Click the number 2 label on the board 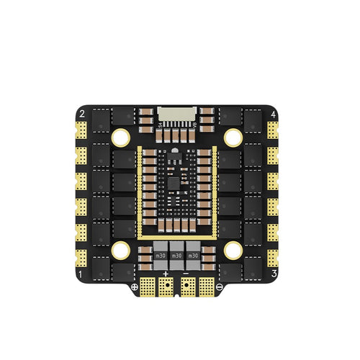pyautogui.click(x=81, y=114)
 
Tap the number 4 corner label pyautogui.click(x=273, y=114)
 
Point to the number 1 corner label pyautogui.click(x=81, y=275)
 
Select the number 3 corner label pyautogui.click(x=274, y=275)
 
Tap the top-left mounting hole pyautogui.click(x=120, y=136)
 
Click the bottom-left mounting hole pyautogui.click(x=120, y=251)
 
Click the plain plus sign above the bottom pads pyautogui.click(x=166, y=274)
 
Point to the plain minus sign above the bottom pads pyautogui.click(x=186, y=274)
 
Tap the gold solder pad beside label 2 pyautogui.click(x=81, y=130)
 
